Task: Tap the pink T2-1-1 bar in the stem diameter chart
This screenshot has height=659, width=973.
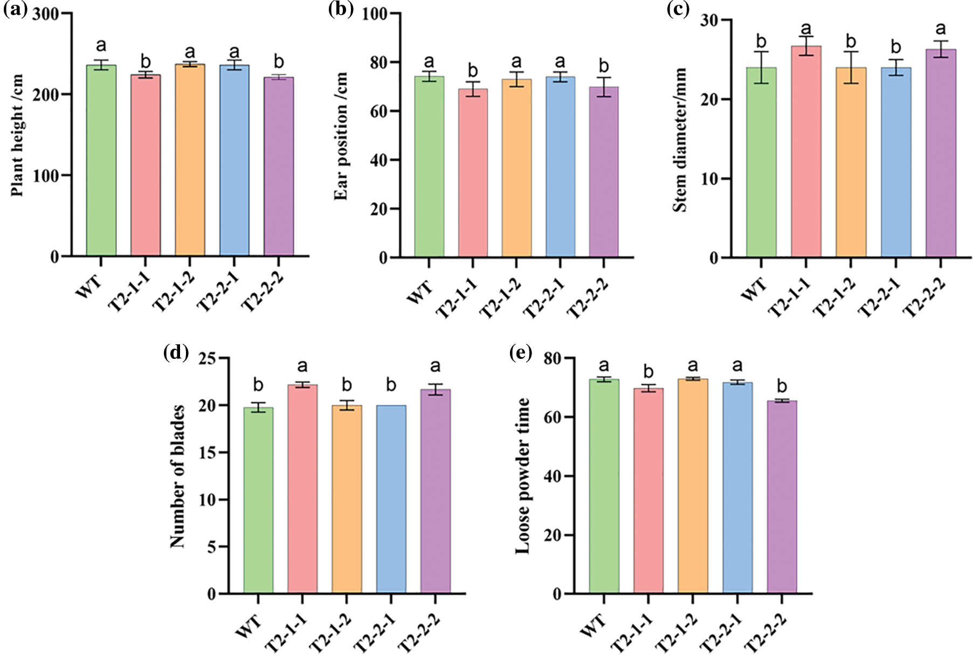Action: [x=806, y=151]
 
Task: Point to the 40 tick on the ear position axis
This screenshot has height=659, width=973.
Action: [x=379, y=160]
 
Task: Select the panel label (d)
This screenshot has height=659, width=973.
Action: [x=176, y=353]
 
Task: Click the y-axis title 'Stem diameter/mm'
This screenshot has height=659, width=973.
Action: [x=680, y=140]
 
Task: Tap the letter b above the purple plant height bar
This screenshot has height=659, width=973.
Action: [x=279, y=61]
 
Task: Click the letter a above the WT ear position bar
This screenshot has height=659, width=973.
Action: [x=429, y=61]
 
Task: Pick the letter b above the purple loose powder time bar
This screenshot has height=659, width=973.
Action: [x=782, y=386]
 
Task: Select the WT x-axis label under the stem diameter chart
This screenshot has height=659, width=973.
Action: [x=754, y=290]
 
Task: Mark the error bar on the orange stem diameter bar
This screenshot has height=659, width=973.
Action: [x=851, y=67]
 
